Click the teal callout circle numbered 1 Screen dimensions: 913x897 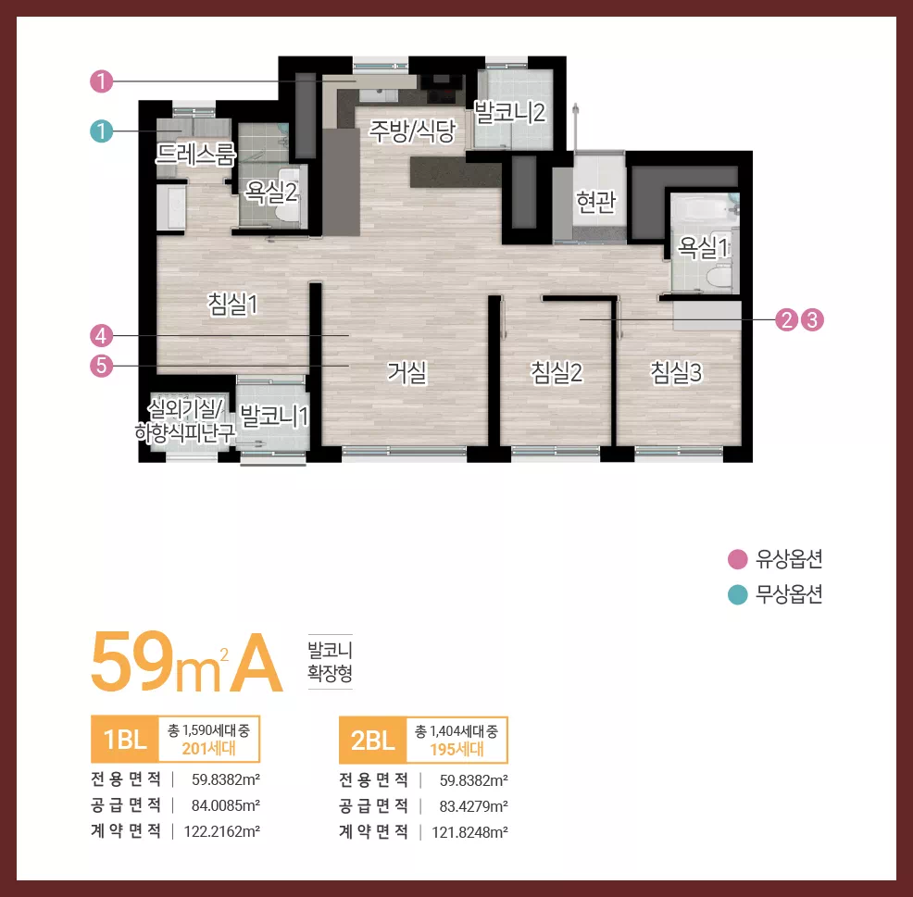[x=101, y=131]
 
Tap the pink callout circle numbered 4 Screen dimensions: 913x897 [x=101, y=336]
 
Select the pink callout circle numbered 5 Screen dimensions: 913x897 [x=101, y=367]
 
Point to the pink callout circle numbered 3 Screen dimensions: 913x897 [x=812, y=319]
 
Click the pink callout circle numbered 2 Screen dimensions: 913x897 [x=787, y=319]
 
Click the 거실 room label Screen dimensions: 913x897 [x=407, y=372]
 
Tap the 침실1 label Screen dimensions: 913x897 [x=233, y=304]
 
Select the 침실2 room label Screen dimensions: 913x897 [x=557, y=372]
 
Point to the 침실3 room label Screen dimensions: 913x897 [x=677, y=372]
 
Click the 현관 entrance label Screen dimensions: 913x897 [x=595, y=202]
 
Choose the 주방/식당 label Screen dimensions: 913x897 [x=413, y=131]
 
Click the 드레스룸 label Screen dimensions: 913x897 [x=195, y=155]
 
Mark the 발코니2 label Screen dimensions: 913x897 [x=510, y=112]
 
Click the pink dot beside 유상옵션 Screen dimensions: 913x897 [x=738, y=559]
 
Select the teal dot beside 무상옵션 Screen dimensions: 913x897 [x=738, y=595]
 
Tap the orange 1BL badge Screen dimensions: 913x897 [x=125, y=740]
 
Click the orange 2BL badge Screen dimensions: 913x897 [x=372, y=740]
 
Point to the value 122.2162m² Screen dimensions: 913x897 [x=222, y=831]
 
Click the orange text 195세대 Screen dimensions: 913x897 [x=457, y=749]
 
